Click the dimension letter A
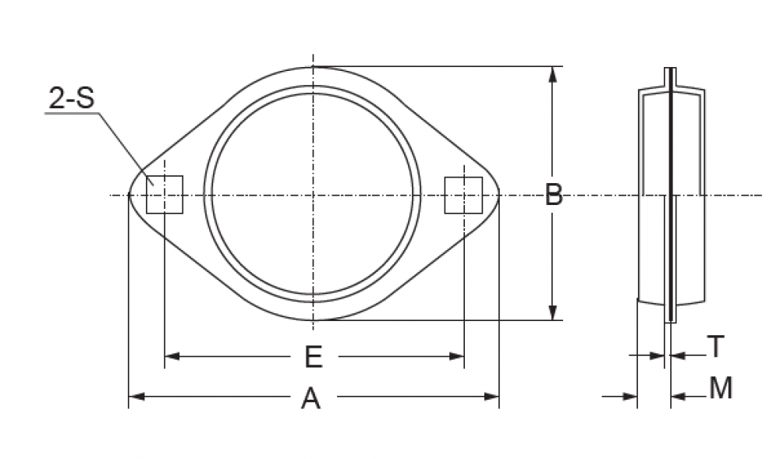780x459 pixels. pos(311,398)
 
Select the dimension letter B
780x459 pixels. pos(554,194)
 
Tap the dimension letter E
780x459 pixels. pos(314,357)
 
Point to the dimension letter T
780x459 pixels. pos(716,346)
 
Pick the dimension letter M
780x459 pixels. pos(721,388)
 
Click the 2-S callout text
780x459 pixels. pos(71,98)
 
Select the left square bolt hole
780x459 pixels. pos(165,195)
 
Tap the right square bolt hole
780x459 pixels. pos(463,195)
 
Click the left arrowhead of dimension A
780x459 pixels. pos(136,397)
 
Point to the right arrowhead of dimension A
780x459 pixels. pos(491,397)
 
